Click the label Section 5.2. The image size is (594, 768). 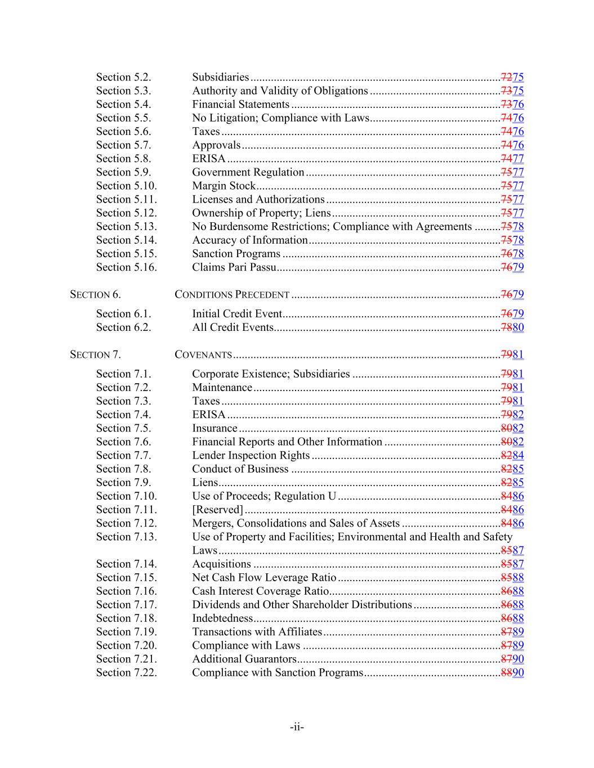click(x=123, y=77)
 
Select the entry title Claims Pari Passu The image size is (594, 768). click(x=234, y=267)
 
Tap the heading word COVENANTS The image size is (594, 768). click(x=203, y=354)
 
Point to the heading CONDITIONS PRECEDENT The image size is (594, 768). click(x=232, y=294)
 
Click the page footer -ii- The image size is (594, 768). click(x=297, y=727)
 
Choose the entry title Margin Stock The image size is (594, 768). click(x=224, y=186)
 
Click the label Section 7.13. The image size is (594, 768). click(x=126, y=537)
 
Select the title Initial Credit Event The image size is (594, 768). click(x=236, y=314)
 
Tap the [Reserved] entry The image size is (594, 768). click(x=217, y=510)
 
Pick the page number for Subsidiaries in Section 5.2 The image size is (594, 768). click(x=512, y=77)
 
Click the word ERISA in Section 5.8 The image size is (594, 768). click(x=208, y=159)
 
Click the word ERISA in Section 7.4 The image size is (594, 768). click(x=208, y=415)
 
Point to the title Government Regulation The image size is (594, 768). click(x=248, y=172)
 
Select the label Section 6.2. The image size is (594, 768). click(x=123, y=327)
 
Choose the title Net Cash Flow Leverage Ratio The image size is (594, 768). click(x=263, y=578)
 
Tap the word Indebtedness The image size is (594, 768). click(x=222, y=618)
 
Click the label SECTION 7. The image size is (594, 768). click(x=95, y=354)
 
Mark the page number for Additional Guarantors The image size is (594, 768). click(x=512, y=659)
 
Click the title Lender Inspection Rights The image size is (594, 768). click(x=251, y=456)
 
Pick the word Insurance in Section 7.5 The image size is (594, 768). click(x=215, y=428)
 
